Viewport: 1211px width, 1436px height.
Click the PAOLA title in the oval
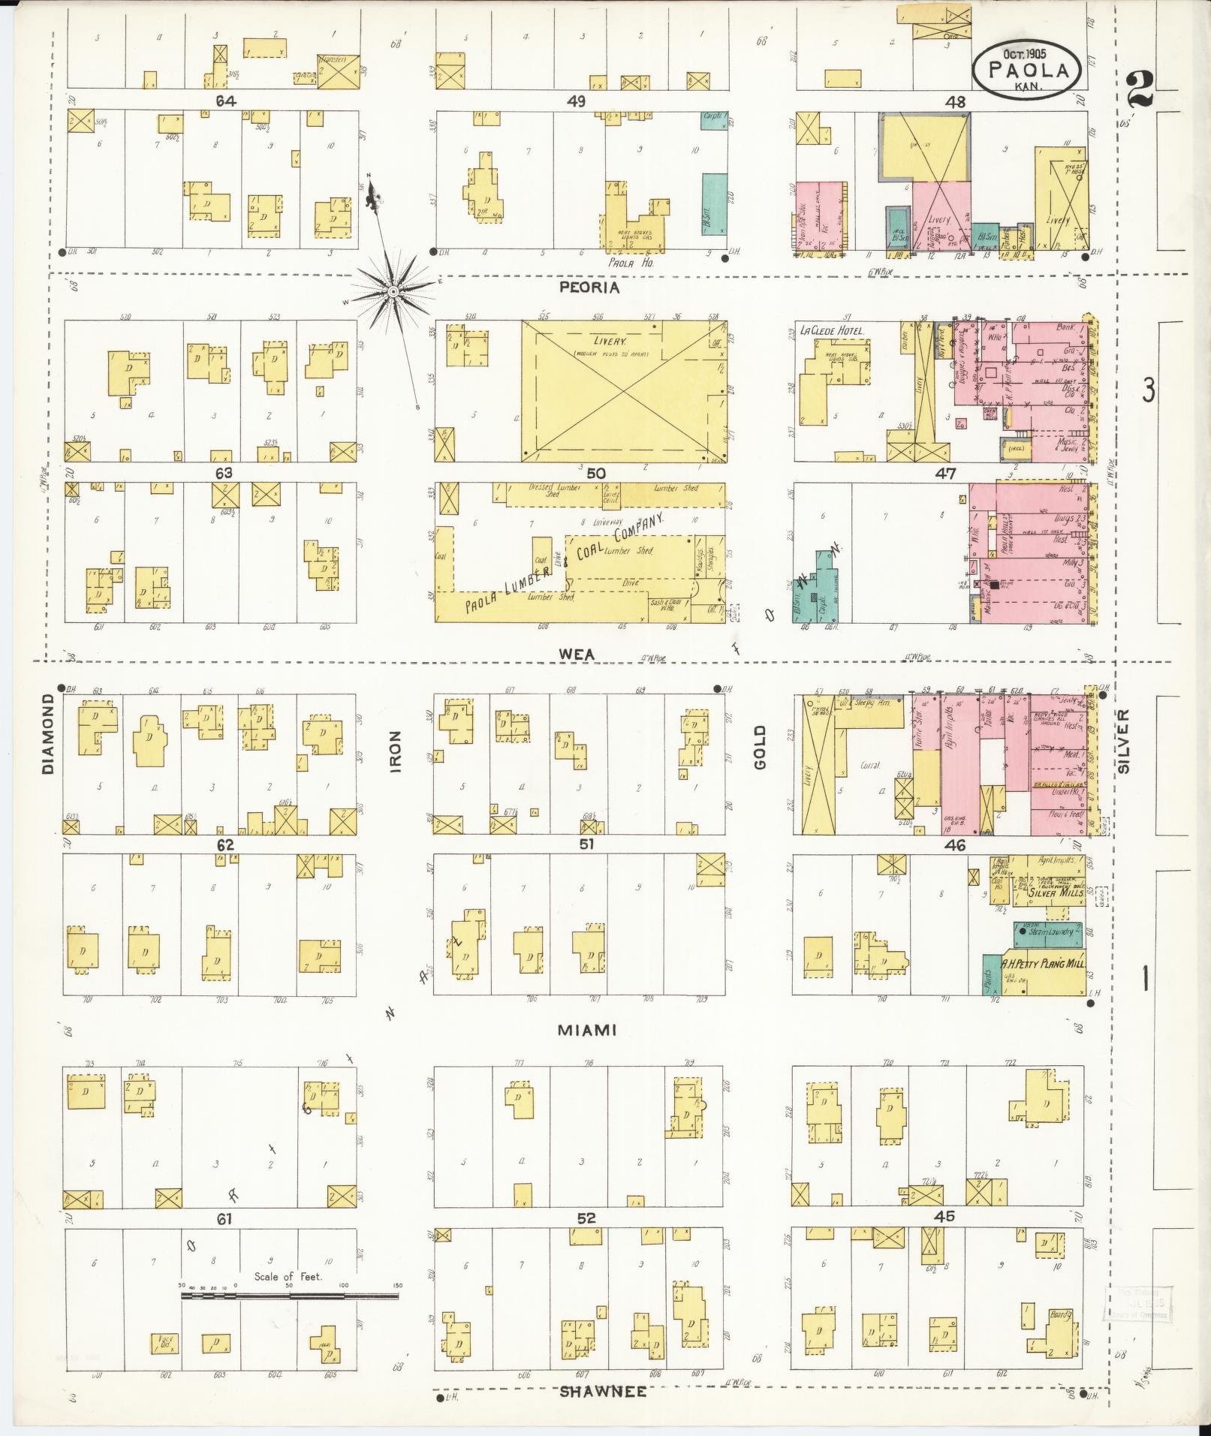click(x=1028, y=71)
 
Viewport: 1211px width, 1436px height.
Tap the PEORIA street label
click(x=589, y=288)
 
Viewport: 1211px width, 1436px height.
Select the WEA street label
click(x=577, y=655)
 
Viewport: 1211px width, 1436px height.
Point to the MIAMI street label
click(x=586, y=1031)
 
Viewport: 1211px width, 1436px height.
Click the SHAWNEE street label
click(x=602, y=1392)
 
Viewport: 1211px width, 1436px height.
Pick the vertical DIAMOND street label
click(x=50, y=733)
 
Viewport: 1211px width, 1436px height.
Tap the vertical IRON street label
click(x=396, y=752)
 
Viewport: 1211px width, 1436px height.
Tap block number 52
click(x=586, y=1218)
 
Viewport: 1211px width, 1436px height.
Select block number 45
click(x=944, y=1217)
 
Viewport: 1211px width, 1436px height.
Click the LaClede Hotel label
click(x=833, y=330)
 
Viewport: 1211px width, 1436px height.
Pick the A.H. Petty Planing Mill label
click(x=1043, y=962)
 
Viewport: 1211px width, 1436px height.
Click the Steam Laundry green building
click(x=1048, y=932)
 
